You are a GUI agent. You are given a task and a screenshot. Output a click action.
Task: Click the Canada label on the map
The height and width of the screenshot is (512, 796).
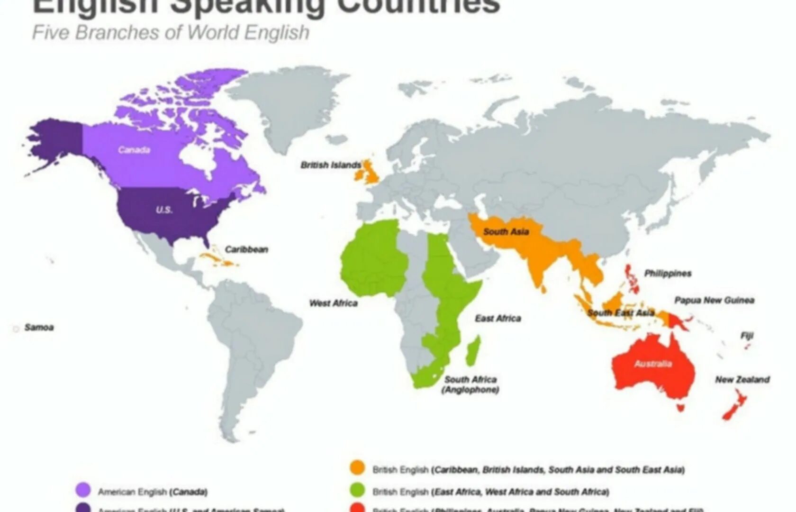click(x=134, y=150)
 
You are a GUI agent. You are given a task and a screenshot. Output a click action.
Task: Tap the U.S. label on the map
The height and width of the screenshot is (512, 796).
click(x=164, y=210)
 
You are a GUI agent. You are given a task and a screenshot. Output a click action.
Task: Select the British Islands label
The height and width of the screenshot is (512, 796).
click(x=331, y=165)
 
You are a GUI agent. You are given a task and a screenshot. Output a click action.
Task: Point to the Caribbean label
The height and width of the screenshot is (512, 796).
click(x=246, y=249)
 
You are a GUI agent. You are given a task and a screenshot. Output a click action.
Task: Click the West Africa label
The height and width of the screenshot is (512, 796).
click(x=333, y=303)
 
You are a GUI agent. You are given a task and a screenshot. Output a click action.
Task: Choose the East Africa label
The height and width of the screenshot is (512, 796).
click(x=498, y=319)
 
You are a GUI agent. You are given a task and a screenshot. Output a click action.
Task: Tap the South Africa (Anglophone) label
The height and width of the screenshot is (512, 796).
click(x=470, y=384)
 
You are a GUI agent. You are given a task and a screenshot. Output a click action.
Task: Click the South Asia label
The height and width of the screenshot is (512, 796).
click(x=506, y=232)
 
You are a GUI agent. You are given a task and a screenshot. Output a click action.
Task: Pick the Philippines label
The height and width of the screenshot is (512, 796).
click(x=668, y=274)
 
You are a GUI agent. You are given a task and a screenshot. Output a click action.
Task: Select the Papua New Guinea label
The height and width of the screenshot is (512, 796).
click(x=714, y=300)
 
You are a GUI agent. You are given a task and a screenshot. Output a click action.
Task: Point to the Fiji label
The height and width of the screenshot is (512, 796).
click(x=747, y=336)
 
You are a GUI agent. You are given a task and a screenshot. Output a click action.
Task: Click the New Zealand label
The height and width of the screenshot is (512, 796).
click(x=742, y=379)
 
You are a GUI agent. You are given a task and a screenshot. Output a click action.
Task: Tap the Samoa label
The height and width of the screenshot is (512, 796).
click(x=39, y=327)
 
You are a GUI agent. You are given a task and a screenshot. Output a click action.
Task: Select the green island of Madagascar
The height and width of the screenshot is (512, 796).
click(x=473, y=351)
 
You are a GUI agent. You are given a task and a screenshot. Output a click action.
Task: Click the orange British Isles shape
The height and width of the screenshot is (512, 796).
click(x=370, y=171)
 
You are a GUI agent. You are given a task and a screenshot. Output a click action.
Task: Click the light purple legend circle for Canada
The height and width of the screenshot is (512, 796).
click(x=83, y=490)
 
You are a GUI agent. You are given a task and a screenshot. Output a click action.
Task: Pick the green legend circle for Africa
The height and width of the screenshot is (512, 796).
click(x=357, y=490)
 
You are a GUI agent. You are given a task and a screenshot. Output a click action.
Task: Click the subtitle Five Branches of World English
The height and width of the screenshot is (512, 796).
click(x=171, y=33)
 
